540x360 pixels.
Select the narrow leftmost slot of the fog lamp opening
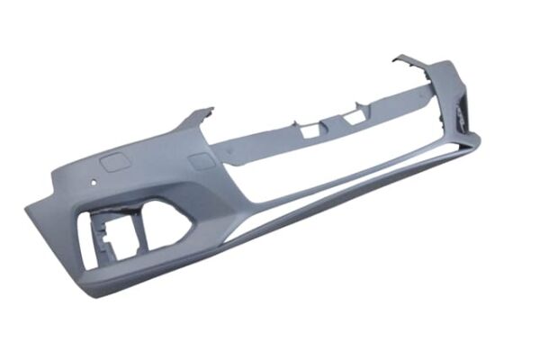tap(90, 229)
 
